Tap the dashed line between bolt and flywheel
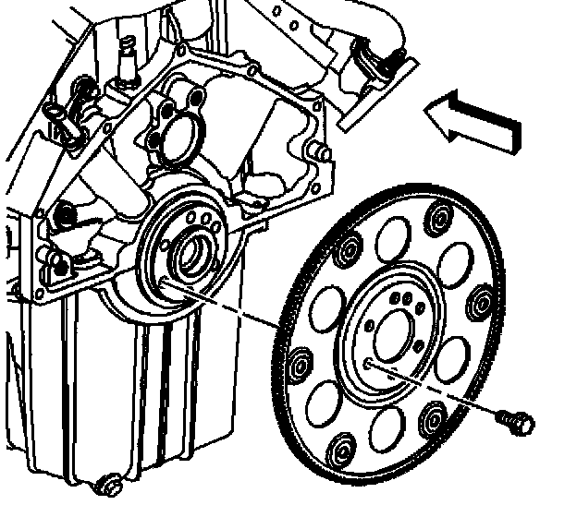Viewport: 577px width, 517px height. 435,388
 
